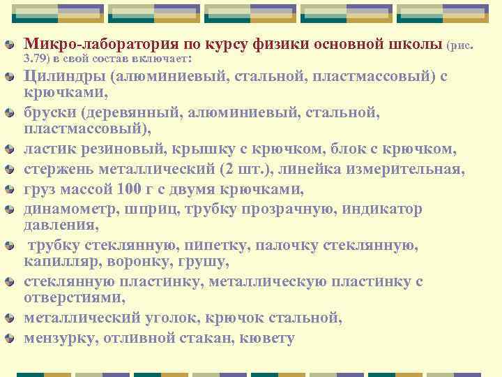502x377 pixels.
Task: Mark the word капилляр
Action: (56, 263)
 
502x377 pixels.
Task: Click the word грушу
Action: (208, 263)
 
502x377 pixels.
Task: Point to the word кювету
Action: (266, 339)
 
